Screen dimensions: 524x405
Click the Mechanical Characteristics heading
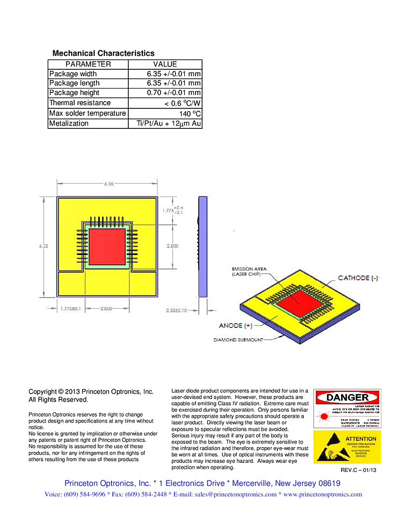coord(103,53)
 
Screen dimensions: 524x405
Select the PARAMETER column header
coord(88,64)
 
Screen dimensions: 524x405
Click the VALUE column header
coord(165,64)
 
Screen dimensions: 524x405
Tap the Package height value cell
coord(165,93)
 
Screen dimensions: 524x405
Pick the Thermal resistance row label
coord(80,103)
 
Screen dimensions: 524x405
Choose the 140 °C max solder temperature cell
coord(165,113)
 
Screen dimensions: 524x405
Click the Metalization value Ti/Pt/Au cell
coord(165,123)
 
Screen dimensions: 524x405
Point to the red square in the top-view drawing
coord(107,245)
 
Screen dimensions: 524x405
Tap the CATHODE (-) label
coord(358,278)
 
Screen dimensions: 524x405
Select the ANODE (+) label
coord(235,326)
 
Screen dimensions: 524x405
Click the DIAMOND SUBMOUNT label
coord(238,340)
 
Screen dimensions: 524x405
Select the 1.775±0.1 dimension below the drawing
coord(70,309)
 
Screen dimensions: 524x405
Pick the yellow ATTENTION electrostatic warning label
coord(347,447)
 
